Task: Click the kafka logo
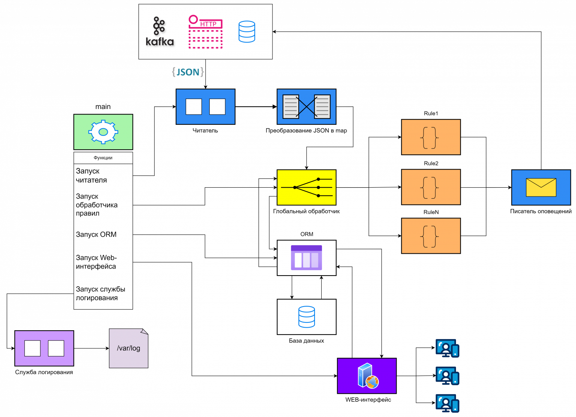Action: click(160, 31)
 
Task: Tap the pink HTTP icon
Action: click(205, 32)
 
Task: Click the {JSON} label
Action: click(188, 72)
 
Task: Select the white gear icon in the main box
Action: click(103, 132)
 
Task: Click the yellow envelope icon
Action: click(541, 188)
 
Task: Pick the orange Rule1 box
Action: click(431, 137)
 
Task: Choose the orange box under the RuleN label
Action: click(431, 236)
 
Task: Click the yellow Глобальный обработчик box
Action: click(306, 188)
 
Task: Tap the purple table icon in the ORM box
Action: click(306, 258)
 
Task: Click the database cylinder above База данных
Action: click(306, 317)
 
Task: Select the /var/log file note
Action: click(128, 348)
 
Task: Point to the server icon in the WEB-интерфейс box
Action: click(368, 376)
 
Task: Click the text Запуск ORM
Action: click(96, 235)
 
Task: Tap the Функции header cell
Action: click(103, 158)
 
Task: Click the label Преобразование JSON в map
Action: click(306, 131)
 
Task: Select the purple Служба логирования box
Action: click(44, 348)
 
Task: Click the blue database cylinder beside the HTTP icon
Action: click(247, 32)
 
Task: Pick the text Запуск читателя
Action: click(91, 176)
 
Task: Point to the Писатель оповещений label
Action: click(541, 212)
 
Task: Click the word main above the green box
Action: click(103, 107)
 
